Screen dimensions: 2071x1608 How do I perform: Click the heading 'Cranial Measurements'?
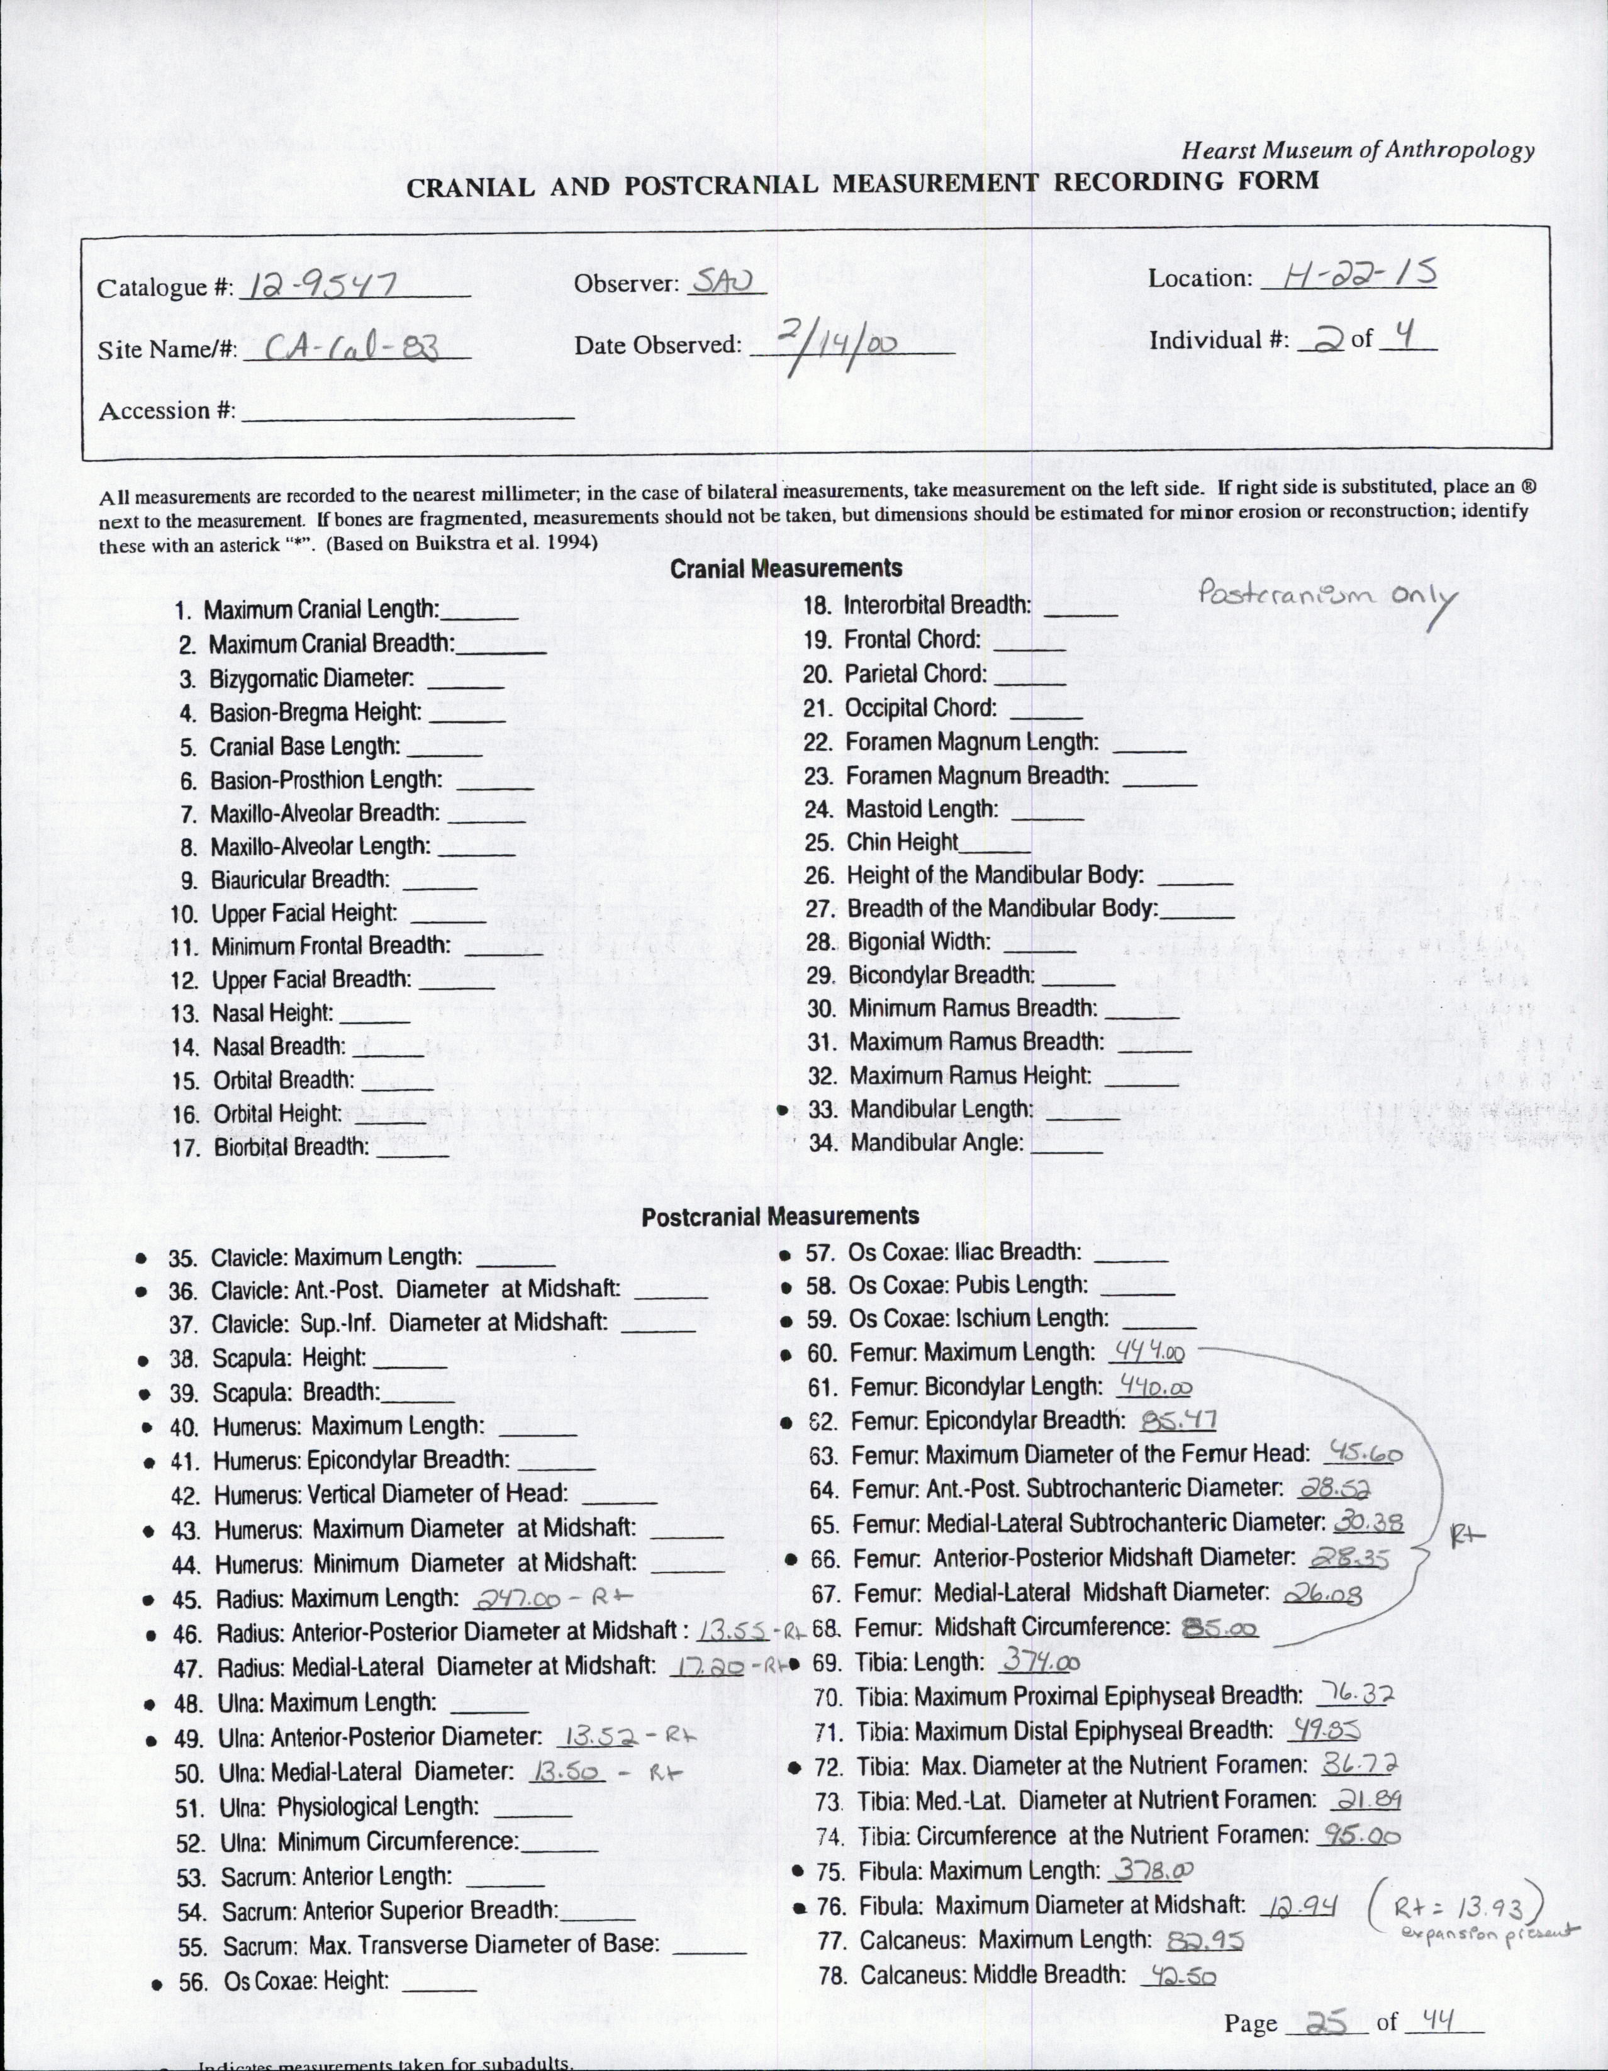coord(786,568)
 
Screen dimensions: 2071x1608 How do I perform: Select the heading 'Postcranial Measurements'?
coord(780,1216)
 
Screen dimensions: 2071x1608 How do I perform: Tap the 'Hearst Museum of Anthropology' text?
coord(1358,150)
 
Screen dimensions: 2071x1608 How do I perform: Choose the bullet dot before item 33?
coord(783,1109)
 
